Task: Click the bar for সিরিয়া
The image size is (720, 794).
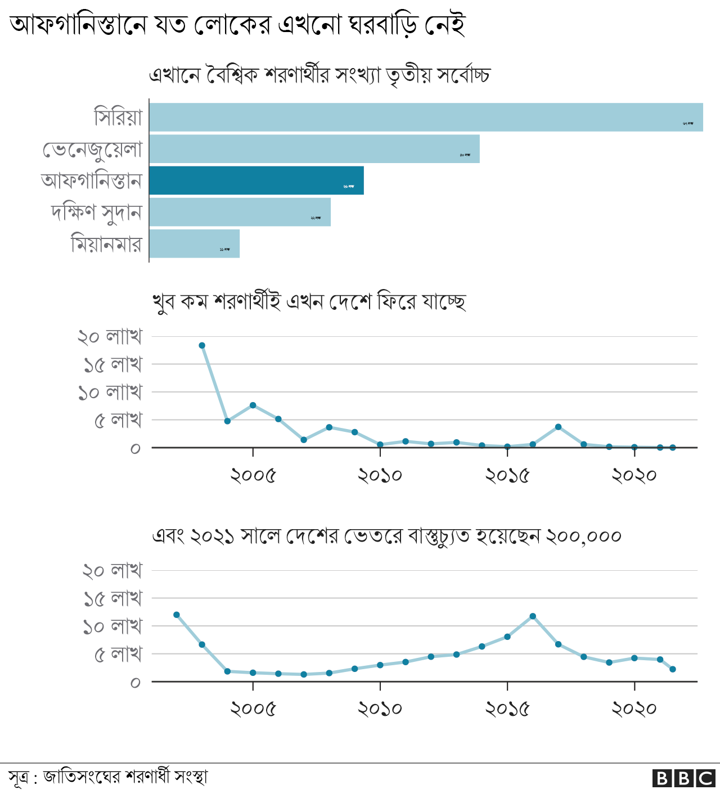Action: pyautogui.click(x=426, y=117)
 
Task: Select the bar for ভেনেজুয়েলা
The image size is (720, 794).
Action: pyautogui.click(x=314, y=148)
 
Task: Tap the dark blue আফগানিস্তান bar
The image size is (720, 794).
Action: pyautogui.click(x=256, y=181)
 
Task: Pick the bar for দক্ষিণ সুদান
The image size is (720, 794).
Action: pyautogui.click(x=240, y=212)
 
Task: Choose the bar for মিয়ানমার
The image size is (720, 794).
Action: pyautogui.click(x=195, y=243)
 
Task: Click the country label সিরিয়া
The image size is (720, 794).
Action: pyautogui.click(x=118, y=117)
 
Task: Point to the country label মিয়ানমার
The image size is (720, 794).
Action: pyautogui.click(x=106, y=244)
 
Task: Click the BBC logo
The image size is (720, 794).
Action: pyautogui.click(x=683, y=778)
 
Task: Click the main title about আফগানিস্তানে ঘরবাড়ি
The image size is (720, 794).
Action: pyautogui.click(x=237, y=25)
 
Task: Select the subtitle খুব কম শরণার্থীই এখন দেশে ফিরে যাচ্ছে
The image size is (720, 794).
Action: pyautogui.click(x=309, y=301)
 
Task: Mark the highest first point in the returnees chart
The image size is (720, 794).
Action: pyautogui.click(x=202, y=345)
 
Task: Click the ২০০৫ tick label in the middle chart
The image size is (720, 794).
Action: pyautogui.click(x=253, y=476)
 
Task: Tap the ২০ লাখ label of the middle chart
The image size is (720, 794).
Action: pyautogui.click(x=110, y=336)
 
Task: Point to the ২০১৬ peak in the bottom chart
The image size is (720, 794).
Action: pyautogui.click(x=533, y=616)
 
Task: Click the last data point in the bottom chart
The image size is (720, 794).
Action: pyautogui.click(x=673, y=669)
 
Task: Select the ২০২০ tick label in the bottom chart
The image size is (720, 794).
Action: pyautogui.click(x=634, y=709)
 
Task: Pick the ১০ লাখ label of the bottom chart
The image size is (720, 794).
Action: pyautogui.click(x=112, y=626)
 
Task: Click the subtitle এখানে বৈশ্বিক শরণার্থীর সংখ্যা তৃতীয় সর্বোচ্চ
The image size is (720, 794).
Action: pyautogui.click(x=319, y=75)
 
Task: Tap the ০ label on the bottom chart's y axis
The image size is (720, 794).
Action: pyautogui.click(x=135, y=683)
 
